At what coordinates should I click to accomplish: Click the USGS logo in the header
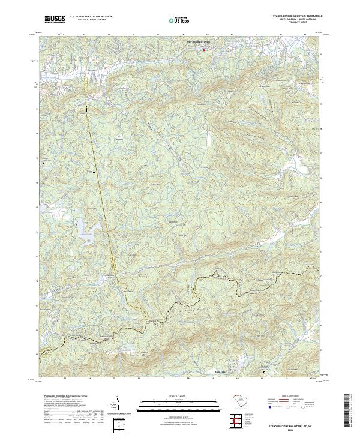coord(55,19)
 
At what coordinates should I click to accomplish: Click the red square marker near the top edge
coord(203,50)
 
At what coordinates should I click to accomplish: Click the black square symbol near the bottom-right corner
coord(265,372)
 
